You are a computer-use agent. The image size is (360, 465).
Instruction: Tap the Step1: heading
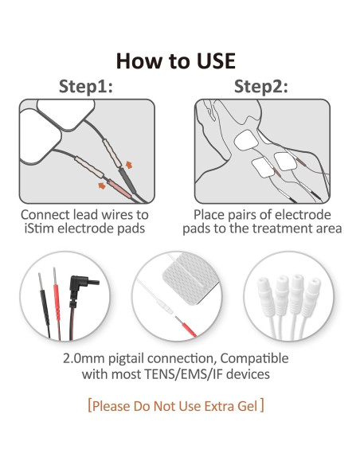click(x=86, y=87)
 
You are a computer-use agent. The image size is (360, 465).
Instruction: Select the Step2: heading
click(x=261, y=87)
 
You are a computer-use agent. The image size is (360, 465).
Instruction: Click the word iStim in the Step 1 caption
click(x=39, y=229)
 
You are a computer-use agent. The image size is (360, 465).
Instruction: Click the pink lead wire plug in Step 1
click(x=119, y=189)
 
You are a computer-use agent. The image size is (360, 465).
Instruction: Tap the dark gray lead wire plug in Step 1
click(x=127, y=181)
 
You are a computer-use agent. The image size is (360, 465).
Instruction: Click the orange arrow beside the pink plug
click(x=102, y=186)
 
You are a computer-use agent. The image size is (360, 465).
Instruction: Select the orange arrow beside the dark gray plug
click(x=129, y=165)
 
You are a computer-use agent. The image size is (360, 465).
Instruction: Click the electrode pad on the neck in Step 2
click(x=246, y=140)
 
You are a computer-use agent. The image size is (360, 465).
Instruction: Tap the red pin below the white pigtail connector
click(x=186, y=326)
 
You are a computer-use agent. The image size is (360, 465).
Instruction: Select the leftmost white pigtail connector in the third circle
click(x=265, y=294)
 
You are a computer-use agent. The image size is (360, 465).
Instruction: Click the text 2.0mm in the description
click(x=84, y=358)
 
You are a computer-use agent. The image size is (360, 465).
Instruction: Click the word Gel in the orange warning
click(x=248, y=406)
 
